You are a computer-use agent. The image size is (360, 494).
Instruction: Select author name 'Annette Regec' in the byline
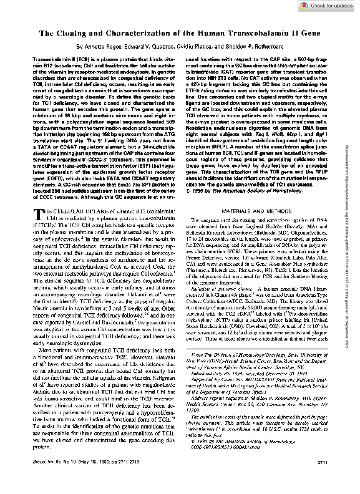click(x=96, y=46)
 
